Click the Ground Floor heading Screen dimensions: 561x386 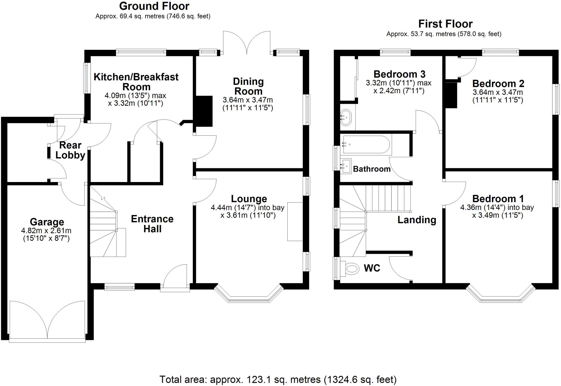point(154,6)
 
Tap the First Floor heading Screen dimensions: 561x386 point(445,24)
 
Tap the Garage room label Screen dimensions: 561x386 point(47,222)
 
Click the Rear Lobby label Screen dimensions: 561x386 point(70,150)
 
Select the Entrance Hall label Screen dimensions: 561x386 point(152,224)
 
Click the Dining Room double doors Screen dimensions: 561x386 point(247,42)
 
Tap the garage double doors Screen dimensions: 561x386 point(47,321)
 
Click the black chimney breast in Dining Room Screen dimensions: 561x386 point(204,111)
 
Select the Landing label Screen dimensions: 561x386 point(417,220)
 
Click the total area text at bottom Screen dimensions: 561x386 point(278,380)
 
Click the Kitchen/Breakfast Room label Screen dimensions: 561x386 point(136,82)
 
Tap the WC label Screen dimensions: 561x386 point(372,268)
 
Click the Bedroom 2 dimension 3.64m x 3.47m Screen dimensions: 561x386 point(498,92)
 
